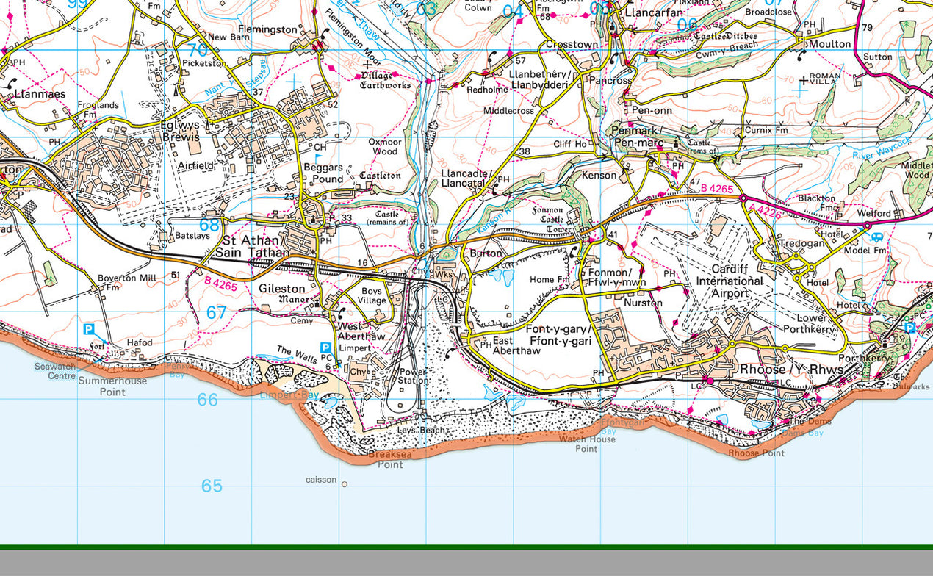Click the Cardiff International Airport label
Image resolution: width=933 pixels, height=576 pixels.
(x=729, y=281)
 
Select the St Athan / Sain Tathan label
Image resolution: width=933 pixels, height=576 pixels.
(x=251, y=247)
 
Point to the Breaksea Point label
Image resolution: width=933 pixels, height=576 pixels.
(x=386, y=459)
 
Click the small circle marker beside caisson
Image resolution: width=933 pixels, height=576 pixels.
(x=345, y=483)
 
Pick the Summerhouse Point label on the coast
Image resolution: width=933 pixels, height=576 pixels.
(x=112, y=386)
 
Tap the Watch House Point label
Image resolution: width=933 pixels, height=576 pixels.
(x=586, y=444)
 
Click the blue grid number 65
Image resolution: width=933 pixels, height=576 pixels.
(x=212, y=486)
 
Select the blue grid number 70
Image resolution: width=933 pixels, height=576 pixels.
(x=197, y=50)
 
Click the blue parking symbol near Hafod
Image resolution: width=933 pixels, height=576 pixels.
(x=90, y=330)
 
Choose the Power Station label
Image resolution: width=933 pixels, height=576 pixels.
(x=412, y=376)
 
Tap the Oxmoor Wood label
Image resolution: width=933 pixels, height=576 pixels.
(x=385, y=146)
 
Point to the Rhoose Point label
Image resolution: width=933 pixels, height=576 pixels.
(x=756, y=453)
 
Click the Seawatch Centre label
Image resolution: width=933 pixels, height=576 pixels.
(x=55, y=371)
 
